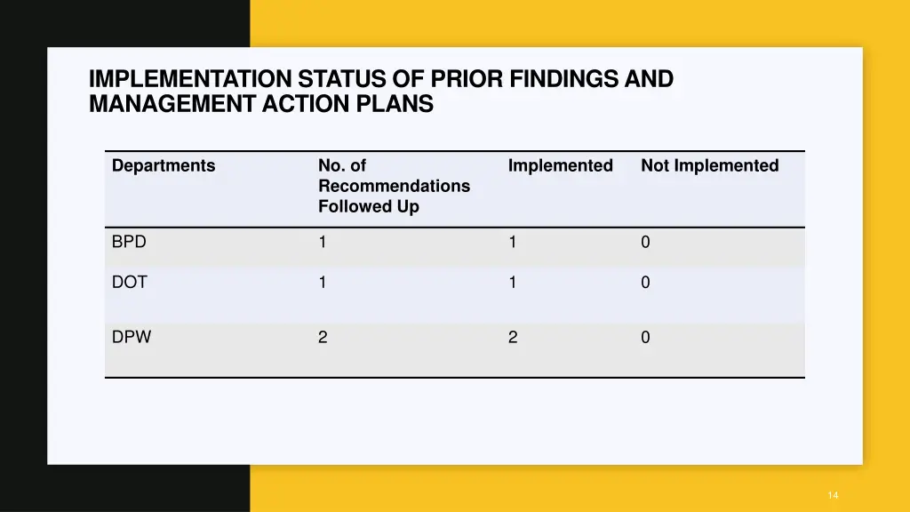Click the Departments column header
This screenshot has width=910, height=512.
(164, 166)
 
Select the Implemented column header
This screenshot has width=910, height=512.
(560, 166)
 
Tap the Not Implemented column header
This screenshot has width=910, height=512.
(709, 166)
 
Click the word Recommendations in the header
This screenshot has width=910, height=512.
(394, 187)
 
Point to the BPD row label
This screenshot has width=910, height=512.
(129, 242)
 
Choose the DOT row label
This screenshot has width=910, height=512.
(130, 283)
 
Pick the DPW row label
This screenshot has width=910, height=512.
(132, 337)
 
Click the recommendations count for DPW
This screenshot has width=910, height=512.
(323, 337)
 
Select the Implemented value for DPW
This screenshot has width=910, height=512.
(513, 337)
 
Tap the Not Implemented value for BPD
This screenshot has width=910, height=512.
(645, 242)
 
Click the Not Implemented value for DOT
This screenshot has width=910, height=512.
(645, 283)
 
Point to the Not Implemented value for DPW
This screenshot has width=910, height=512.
(645, 337)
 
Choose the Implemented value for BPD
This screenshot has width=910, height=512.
(513, 242)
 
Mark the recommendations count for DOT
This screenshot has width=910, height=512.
(323, 283)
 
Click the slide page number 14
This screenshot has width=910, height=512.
(832, 495)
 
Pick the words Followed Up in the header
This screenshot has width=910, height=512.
(368, 207)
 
